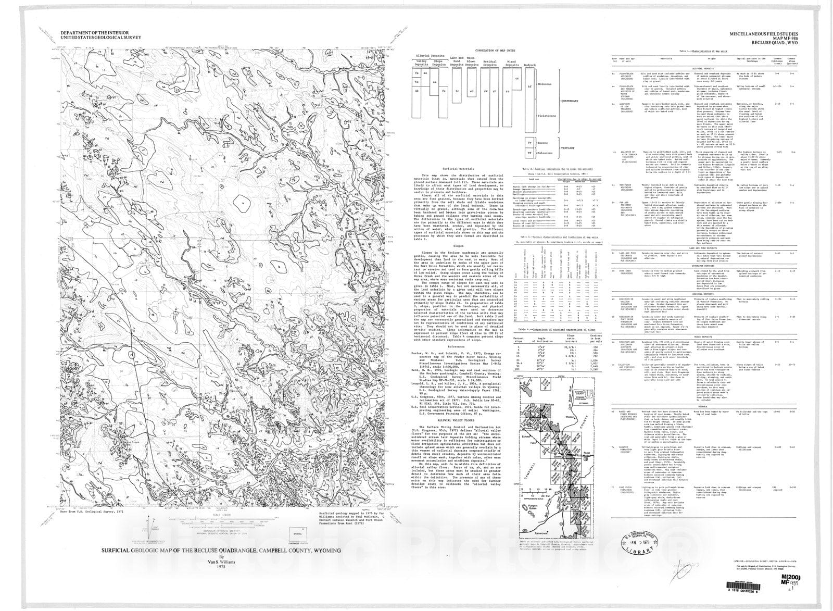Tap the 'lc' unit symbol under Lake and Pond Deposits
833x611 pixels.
[x=457, y=91]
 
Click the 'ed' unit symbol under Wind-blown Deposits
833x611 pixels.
[x=471, y=91]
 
